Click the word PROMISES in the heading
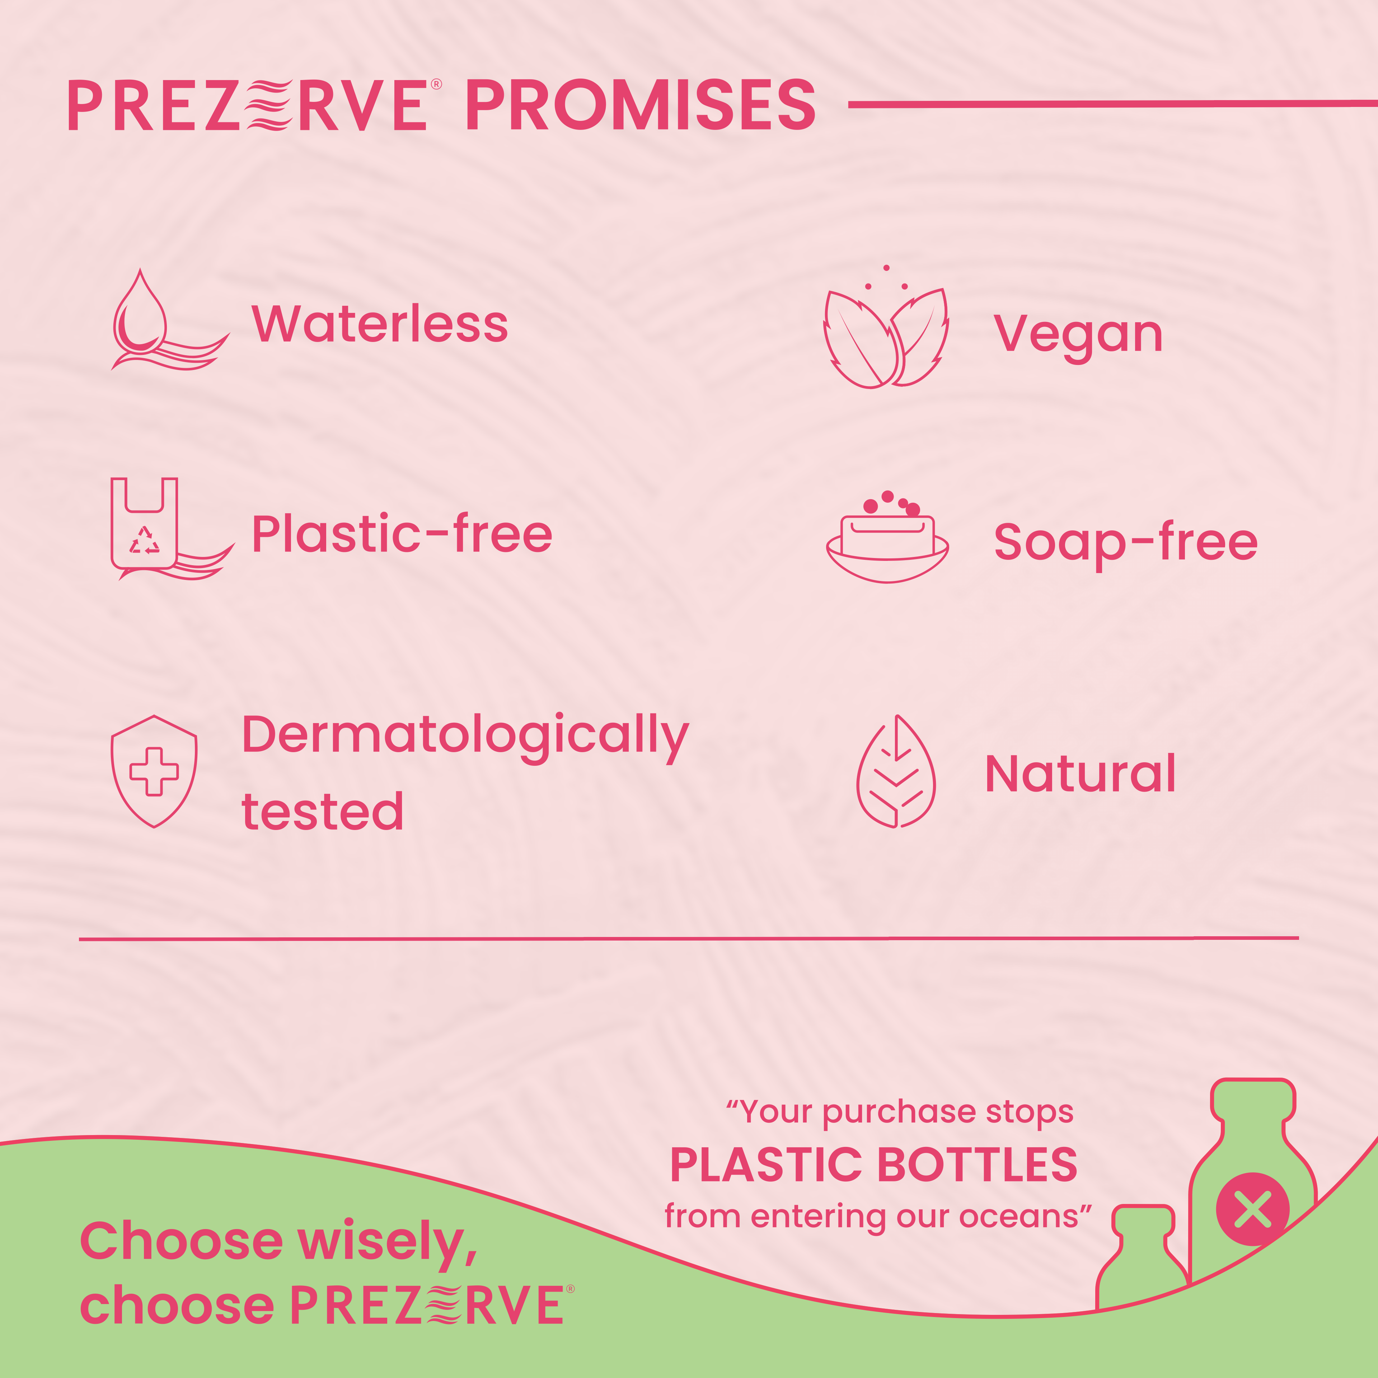[x=641, y=106]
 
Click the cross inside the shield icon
[x=153, y=771]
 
